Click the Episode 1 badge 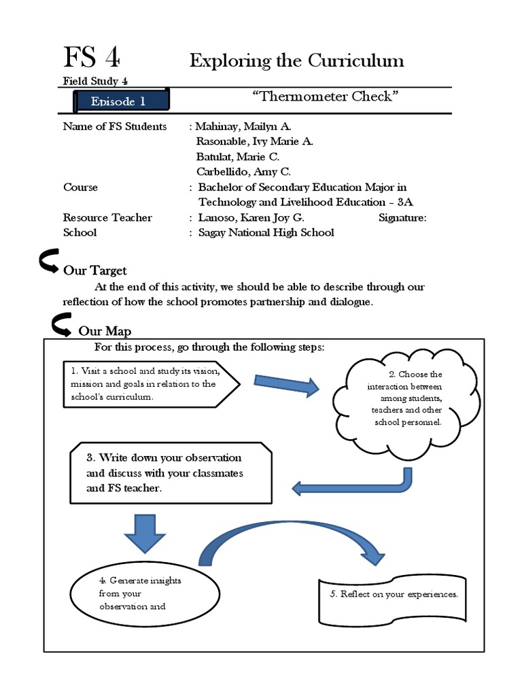pyautogui.click(x=120, y=102)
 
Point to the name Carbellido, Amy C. pyautogui.click(x=243, y=172)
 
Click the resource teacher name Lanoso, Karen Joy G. pyautogui.click(x=251, y=217)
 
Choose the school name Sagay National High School pyautogui.click(x=266, y=232)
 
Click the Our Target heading pyautogui.click(x=95, y=271)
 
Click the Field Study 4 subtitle pyautogui.click(x=95, y=81)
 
